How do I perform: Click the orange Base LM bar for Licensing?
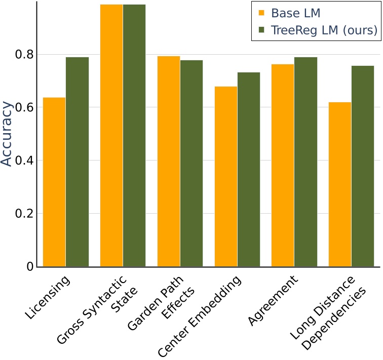[x=54, y=182]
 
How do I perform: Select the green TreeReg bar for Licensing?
[x=77, y=162]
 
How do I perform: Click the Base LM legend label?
[x=295, y=13]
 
